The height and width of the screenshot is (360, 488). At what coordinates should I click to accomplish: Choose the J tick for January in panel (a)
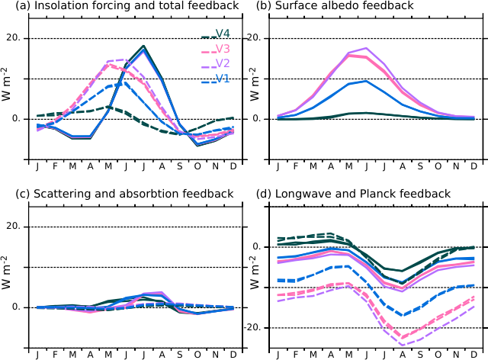click(37, 166)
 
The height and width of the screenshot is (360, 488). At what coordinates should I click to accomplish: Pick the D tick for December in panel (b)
click(474, 166)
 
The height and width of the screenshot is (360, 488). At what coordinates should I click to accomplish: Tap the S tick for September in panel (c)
click(180, 354)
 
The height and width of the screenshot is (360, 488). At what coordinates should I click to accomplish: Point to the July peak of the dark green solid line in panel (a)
click(144, 46)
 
